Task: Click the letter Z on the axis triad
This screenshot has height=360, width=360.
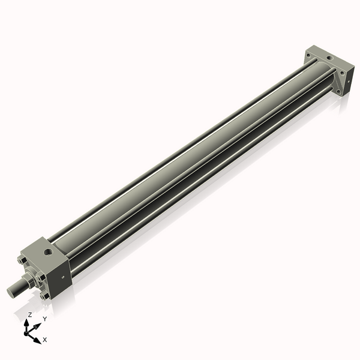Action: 29,314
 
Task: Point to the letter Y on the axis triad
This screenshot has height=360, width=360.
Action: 44,319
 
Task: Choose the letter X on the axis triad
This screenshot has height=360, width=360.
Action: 45,340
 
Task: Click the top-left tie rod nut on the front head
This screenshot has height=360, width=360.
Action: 23,261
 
